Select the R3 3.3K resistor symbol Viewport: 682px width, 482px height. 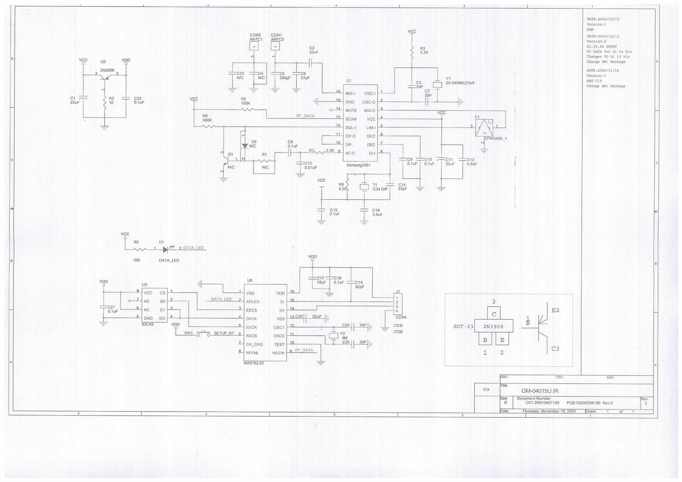(x=412, y=52)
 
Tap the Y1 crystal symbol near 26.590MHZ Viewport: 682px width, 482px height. (x=437, y=84)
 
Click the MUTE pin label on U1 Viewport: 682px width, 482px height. (x=351, y=111)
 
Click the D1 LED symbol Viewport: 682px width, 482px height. (x=166, y=250)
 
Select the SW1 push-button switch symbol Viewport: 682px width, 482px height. (x=204, y=333)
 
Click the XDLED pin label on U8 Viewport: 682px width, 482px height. (x=253, y=302)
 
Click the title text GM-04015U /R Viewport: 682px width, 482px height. (x=540, y=391)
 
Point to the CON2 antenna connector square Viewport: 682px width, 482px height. (x=254, y=46)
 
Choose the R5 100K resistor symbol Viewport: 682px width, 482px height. (x=247, y=110)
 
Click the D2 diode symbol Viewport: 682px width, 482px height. (x=245, y=146)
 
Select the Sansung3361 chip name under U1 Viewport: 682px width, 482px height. (x=358, y=165)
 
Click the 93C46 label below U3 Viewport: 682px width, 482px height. (x=148, y=324)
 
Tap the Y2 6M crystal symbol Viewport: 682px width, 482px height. (x=334, y=336)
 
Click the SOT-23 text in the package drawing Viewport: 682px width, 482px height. (x=463, y=327)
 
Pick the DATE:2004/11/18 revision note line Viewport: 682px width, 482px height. (x=603, y=71)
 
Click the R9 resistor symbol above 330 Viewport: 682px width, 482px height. (x=140, y=250)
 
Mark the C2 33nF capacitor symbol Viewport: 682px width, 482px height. (x=311, y=63)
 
